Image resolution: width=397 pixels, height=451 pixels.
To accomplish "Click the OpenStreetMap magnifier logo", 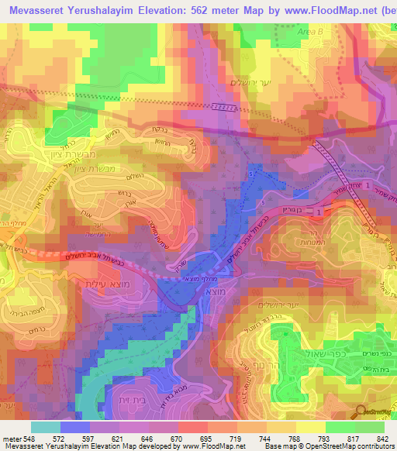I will tap(361, 412).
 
